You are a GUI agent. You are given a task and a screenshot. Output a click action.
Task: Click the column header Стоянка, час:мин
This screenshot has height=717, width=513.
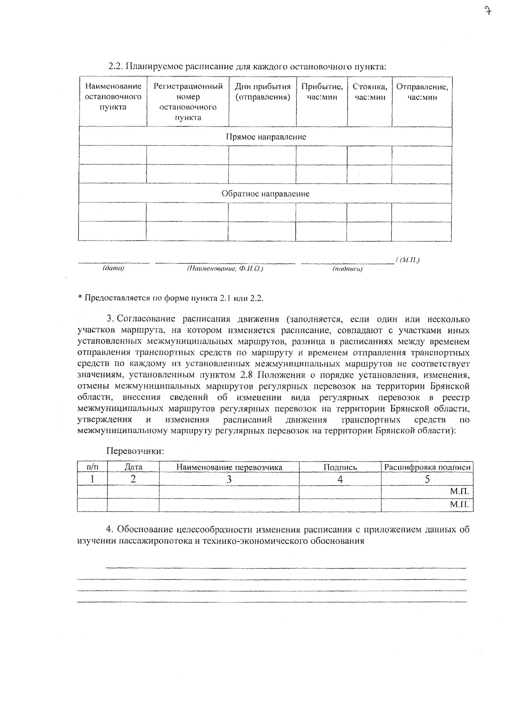pyautogui.click(x=370, y=92)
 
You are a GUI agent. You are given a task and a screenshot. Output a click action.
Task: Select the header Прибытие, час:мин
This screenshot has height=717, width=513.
pyautogui.click(x=321, y=92)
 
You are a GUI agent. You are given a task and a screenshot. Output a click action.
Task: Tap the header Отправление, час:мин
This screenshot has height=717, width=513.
pyautogui.click(x=422, y=92)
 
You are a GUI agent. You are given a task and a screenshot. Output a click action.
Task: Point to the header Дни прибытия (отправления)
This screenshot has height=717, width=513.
pyautogui.click(x=262, y=92)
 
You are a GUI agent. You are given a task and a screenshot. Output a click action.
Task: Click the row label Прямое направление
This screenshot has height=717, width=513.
pyautogui.click(x=265, y=137)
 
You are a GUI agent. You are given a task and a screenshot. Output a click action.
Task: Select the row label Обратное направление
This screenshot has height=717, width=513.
pyautogui.click(x=265, y=194)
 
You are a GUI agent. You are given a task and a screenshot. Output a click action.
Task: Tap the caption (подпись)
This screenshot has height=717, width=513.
pyautogui.click(x=347, y=269)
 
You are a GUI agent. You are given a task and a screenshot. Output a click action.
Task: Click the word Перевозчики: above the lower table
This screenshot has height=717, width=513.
pyautogui.click(x=135, y=451)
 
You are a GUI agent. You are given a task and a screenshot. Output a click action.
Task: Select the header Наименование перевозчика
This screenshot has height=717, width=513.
pyautogui.click(x=229, y=468)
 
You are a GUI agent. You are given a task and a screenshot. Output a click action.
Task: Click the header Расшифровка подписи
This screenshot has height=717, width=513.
pyautogui.click(x=427, y=468)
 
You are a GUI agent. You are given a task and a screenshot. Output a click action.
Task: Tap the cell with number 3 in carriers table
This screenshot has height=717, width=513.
pyautogui.click(x=229, y=480)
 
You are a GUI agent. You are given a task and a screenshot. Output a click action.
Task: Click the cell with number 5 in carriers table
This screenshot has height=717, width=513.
pyautogui.click(x=427, y=480)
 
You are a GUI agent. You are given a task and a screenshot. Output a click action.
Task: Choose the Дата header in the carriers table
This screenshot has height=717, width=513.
pyautogui.click(x=133, y=468)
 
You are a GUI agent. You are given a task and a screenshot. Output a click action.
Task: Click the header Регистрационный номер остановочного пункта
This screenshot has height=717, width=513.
pyautogui.click(x=188, y=102)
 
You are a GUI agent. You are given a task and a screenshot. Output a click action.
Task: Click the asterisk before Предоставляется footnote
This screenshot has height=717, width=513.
pyautogui.click(x=80, y=298)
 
